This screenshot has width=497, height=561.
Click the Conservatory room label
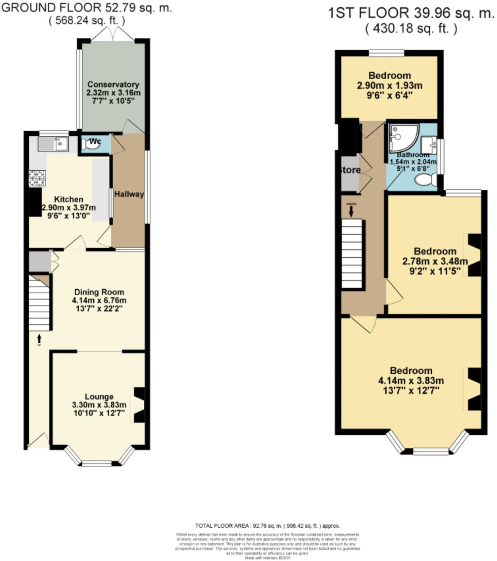point(113,84)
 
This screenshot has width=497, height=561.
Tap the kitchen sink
point(52,144)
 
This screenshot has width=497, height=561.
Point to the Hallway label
point(128,194)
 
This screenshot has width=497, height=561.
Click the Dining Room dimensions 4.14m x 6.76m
point(99,300)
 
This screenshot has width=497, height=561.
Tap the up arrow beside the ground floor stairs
point(39,338)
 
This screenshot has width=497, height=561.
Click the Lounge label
point(99,397)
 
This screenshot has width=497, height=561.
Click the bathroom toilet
point(426,180)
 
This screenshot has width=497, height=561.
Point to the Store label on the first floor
point(350,170)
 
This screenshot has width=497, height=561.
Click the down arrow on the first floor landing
point(351,211)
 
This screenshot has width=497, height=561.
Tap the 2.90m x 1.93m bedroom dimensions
point(390,86)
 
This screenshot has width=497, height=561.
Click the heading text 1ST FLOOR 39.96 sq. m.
point(411,14)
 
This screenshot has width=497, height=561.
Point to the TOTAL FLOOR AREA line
point(267,526)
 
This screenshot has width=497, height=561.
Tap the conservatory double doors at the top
point(113,34)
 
